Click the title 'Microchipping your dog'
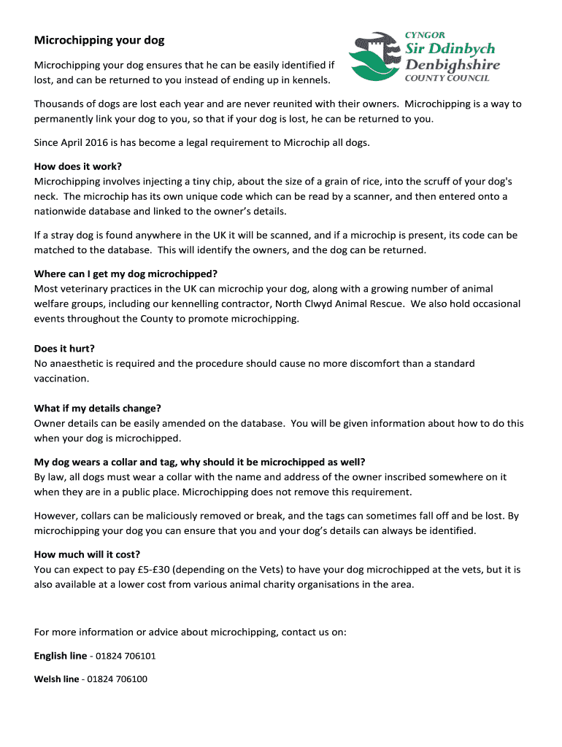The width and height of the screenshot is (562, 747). (99, 40)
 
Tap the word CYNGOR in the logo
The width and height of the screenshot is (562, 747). (425, 34)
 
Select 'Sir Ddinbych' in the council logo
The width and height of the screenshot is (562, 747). (450, 49)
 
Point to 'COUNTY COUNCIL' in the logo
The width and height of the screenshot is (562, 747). (447, 78)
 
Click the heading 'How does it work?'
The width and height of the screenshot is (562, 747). (78, 166)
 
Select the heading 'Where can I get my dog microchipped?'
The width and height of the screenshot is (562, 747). (126, 274)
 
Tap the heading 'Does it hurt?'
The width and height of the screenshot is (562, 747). (64, 348)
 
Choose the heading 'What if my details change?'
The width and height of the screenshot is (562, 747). (98, 408)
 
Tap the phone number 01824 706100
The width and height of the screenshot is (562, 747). (117, 679)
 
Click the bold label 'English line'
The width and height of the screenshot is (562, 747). (61, 656)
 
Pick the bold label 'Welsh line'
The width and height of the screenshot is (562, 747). (57, 679)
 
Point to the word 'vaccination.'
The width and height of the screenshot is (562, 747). (61, 379)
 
